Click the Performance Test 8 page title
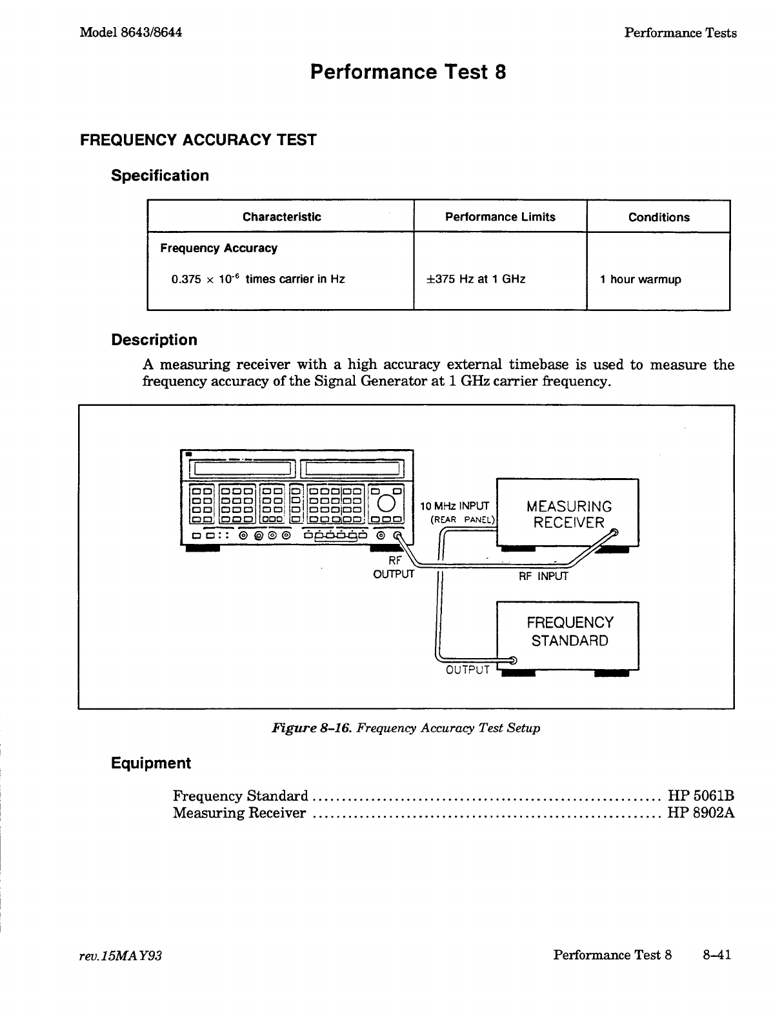tap(408, 72)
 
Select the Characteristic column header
tap(281, 217)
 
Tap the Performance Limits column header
tap(500, 217)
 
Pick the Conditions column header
tap(659, 217)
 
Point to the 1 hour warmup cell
tap(640, 279)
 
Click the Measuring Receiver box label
tap(568, 514)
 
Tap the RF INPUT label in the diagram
tap(543, 576)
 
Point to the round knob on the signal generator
tap(386, 503)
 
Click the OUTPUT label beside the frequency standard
tap(468, 670)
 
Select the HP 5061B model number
tap(701, 796)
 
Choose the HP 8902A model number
tap(701, 813)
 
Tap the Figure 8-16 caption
tap(406, 728)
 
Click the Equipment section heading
tap(151, 763)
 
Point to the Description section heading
tap(154, 340)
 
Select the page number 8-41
tap(717, 955)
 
